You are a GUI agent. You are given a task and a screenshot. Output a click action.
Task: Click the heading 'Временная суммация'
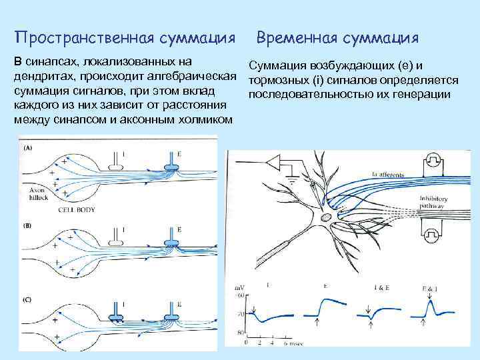coord(338,36)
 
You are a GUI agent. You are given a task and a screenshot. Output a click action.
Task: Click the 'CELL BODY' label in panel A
coord(77,209)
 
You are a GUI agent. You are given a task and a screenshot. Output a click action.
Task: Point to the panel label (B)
coord(27,225)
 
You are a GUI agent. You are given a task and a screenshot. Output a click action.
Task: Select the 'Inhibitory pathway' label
coord(434,202)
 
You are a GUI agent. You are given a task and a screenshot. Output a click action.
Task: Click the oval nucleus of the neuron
coord(325,217)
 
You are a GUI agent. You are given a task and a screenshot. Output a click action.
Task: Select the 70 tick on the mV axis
coord(239,311)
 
